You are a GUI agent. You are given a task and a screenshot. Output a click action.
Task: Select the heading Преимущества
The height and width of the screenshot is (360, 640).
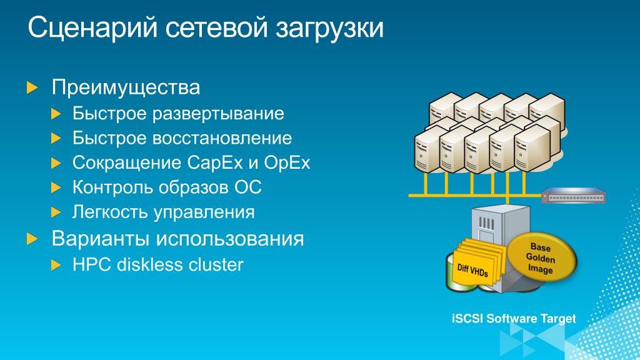click(x=126, y=87)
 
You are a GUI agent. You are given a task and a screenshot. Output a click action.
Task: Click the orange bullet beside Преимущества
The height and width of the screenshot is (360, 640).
click(x=32, y=87)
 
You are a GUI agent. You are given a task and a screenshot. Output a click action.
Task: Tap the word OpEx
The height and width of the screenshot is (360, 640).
click(x=287, y=163)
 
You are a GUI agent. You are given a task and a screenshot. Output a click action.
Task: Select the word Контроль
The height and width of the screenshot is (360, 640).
click(x=107, y=187)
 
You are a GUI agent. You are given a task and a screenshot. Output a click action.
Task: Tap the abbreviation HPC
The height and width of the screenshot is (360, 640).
click(x=92, y=264)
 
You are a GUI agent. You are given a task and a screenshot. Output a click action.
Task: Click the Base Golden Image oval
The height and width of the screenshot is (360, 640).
click(x=539, y=258)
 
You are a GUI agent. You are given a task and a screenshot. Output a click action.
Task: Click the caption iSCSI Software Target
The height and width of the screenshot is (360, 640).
click(x=513, y=319)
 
